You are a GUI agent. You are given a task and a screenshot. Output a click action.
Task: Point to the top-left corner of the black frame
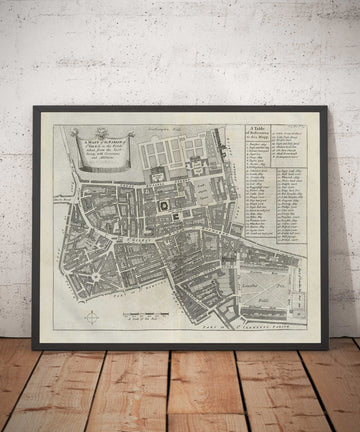[x=34, y=107]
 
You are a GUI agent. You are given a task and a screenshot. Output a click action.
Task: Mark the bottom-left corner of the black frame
[x=34, y=347]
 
